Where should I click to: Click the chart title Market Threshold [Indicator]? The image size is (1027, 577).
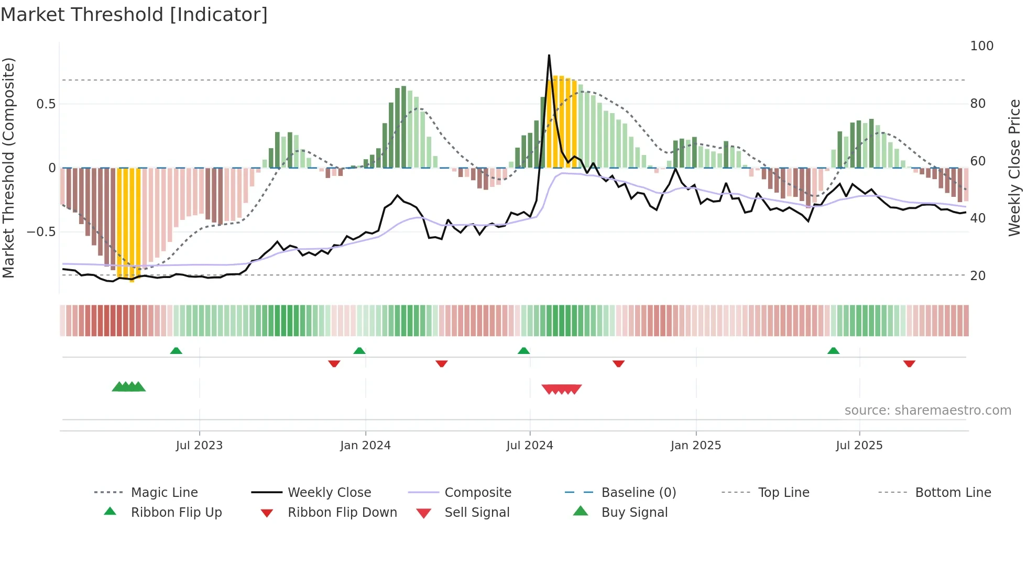point(134,15)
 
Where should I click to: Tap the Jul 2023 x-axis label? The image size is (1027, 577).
point(199,446)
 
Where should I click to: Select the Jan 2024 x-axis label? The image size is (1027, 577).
point(365,446)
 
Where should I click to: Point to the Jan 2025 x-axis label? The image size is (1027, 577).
point(696,446)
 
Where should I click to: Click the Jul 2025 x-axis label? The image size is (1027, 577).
point(859,446)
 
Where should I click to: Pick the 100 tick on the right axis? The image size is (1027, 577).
point(981,46)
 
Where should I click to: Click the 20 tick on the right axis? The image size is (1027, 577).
point(978,275)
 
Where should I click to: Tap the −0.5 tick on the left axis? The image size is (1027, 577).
point(41,231)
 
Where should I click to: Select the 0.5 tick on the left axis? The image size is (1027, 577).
point(46,104)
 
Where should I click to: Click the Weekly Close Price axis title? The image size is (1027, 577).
point(1014,168)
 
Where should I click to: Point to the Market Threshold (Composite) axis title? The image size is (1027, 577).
point(8,168)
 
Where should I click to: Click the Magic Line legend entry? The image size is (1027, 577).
point(164,493)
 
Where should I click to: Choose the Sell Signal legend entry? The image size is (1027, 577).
point(477,513)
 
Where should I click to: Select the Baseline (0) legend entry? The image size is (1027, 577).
point(638,493)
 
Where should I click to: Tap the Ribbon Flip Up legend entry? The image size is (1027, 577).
point(176,513)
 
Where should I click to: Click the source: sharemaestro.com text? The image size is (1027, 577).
point(927,410)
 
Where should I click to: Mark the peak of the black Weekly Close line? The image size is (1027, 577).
point(549,56)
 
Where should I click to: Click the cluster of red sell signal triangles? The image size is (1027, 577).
point(562,389)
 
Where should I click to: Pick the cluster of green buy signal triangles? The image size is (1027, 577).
point(129,387)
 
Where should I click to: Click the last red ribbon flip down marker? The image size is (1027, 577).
point(909,363)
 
